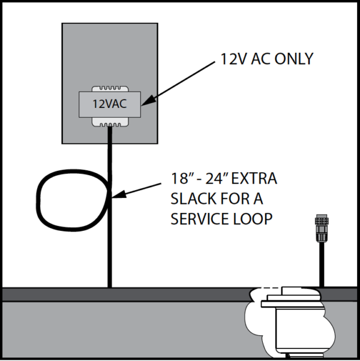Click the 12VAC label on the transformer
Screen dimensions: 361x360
click(109, 103)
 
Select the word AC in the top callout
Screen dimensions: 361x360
click(259, 59)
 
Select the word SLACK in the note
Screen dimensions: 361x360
click(191, 199)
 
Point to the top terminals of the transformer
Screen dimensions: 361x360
click(109, 86)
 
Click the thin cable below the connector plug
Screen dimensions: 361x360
click(323, 264)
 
